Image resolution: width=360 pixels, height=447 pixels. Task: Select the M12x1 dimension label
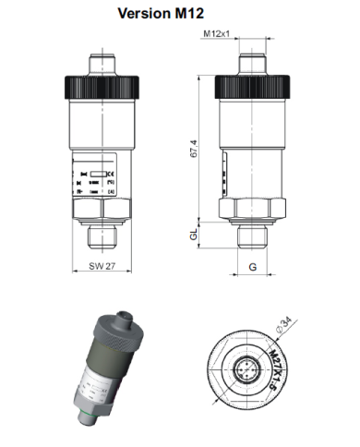[216, 35]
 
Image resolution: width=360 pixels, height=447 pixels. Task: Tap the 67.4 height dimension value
[193, 148]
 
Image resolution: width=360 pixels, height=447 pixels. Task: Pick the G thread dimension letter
[251, 267]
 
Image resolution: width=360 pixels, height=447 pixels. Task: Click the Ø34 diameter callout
[285, 324]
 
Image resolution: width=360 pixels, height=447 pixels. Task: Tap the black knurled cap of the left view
[102, 86]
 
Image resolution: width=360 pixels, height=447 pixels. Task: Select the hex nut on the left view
[102, 211]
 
